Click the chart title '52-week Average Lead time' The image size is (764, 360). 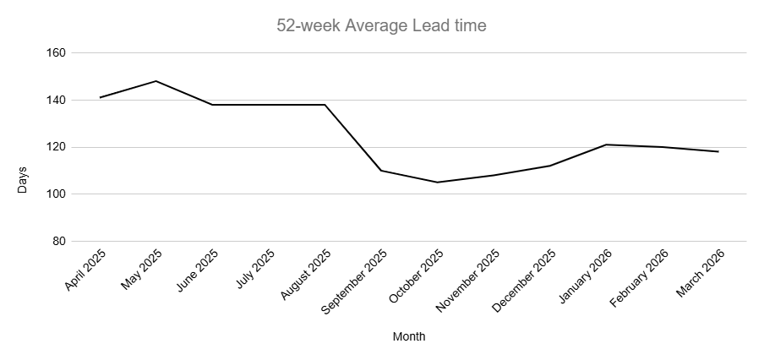(381, 25)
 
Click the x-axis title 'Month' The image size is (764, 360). (409, 336)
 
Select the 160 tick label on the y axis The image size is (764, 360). (57, 52)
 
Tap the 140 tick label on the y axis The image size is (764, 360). (57, 100)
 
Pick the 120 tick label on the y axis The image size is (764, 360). (57, 147)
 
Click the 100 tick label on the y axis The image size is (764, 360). (57, 194)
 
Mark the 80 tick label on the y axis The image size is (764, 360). (59, 242)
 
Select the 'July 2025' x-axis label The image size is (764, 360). (255, 268)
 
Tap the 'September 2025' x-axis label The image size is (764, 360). (355, 281)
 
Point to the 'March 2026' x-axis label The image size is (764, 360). (701, 272)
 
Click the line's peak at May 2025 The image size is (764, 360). (156, 81)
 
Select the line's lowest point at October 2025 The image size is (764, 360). (437, 182)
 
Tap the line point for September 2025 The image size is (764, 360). (381, 171)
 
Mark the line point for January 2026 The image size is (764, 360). (606, 145)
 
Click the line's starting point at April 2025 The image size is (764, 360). (100, 97)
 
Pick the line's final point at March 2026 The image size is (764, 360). (718, 151)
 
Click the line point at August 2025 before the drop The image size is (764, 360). (325, 105)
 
